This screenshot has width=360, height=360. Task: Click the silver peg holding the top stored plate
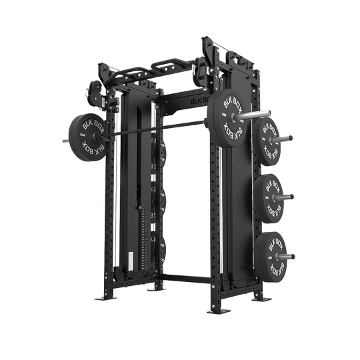click(285, 139)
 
